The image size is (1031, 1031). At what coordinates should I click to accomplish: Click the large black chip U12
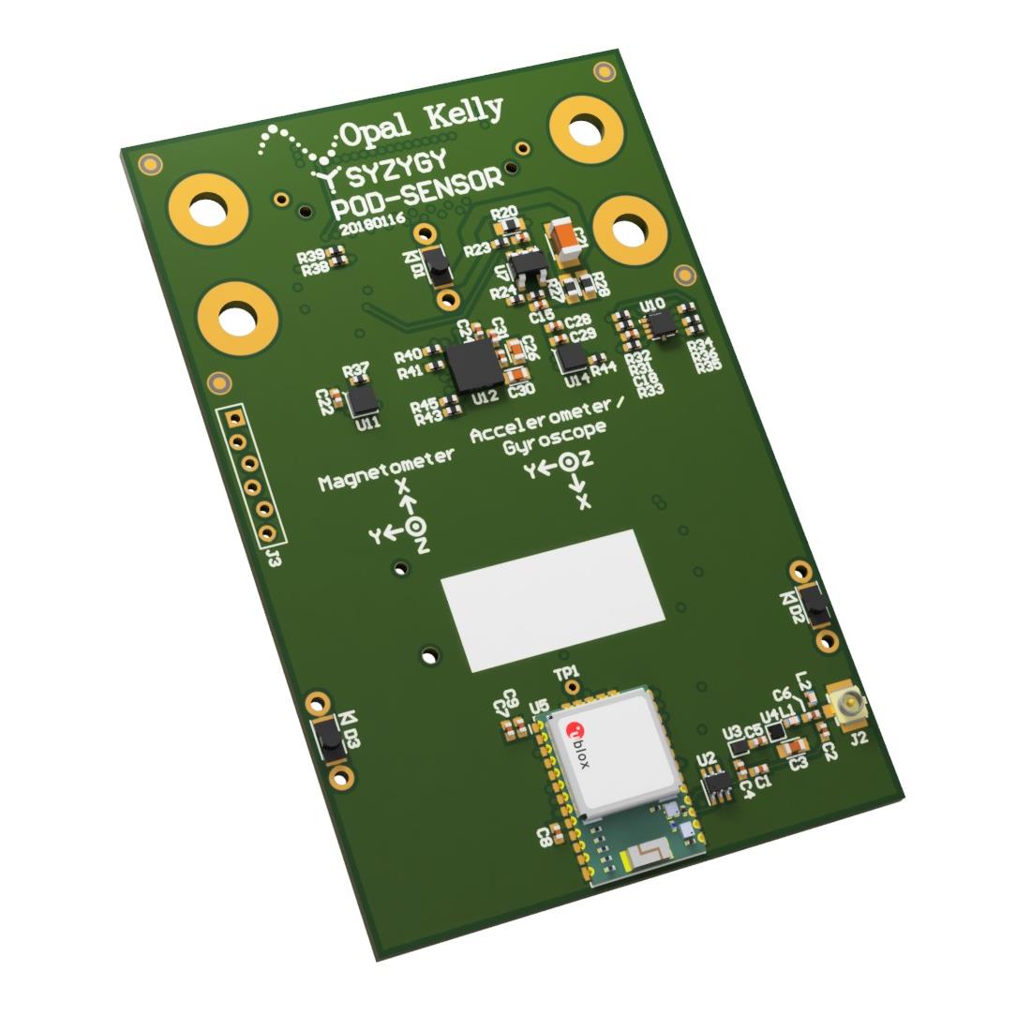coord(473,365)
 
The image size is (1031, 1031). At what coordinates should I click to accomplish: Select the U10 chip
coord(662,324)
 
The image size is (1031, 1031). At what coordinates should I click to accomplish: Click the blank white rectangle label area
coord(553,599)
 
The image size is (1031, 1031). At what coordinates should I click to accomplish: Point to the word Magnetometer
coord(387,470)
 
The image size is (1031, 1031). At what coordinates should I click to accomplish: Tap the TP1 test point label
coord(567,673)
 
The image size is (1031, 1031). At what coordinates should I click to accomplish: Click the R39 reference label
coord(312,256)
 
